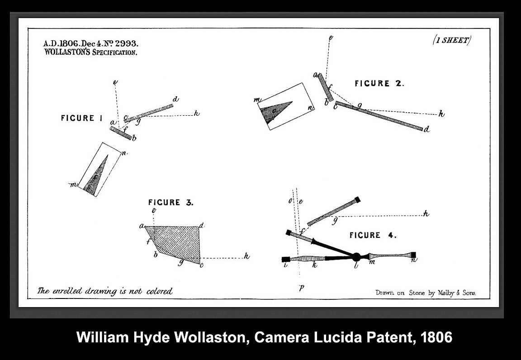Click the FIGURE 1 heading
pyautogui.click(x=82, y=118)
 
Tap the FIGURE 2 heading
pyautogui.click(x=379, y=83)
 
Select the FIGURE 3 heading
pyautogui.click(x=171, y=203)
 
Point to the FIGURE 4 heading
pyautogui.click(x=373, y=235)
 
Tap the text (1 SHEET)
pyautogui.click(x=452, y=40)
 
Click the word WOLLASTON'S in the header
pyautogui.click(x=67, y=52)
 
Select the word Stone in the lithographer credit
pyautogui.click(x=417, y=293)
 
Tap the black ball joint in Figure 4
pyautogui.click(x=356, y=256)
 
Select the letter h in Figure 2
pyautogui.click(x=441, y=114)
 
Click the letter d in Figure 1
pyautogui.click(x=176, y=99)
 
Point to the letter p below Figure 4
pyautogui.click(x=301, y=288)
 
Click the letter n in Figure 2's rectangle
pyautogui.click(x=310, y=108)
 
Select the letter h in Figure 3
pyautogui.click(x=246, y=256)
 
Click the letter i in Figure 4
pyautogui.click(x=285, y=265)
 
